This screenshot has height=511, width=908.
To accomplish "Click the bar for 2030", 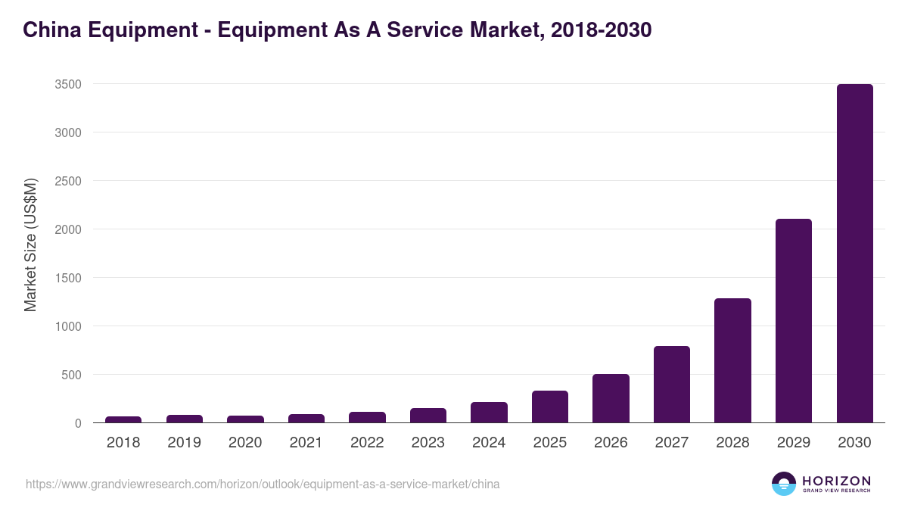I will click(854, 254).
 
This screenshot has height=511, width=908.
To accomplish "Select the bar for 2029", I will click(794, 321).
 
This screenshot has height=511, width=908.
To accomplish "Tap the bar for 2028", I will click(732, 360).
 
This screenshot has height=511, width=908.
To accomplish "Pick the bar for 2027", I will click(672, 385).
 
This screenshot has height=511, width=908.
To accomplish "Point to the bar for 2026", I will click(611, 398).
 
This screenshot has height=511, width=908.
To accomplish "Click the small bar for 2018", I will click(123, 419).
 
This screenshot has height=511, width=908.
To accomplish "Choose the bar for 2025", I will click(550, 407).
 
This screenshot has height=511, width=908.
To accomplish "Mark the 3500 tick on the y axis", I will click(68, 84).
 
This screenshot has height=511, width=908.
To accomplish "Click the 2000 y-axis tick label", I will click(68, 229).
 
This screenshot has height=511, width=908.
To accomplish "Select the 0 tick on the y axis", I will click(78, 423).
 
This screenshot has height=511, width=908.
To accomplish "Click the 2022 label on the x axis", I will click(367, 443).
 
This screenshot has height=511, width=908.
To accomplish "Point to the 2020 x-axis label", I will click(245, 443).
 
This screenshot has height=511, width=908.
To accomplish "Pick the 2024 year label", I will click(489, 443).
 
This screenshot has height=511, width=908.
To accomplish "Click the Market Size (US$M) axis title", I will click(31, 244).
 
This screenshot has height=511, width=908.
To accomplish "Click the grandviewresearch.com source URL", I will click(263, 484).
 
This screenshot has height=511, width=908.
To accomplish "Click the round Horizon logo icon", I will click(784, 484).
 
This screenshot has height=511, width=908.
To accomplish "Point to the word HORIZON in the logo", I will click(836, 480).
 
